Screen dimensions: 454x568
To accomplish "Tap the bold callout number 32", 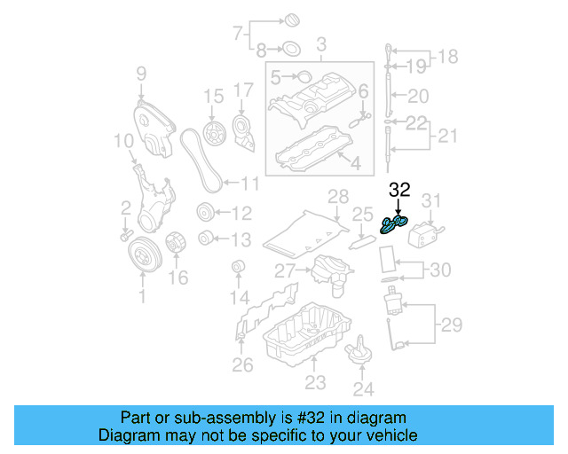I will point(399,189).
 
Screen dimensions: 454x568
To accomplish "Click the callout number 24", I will point(364,387).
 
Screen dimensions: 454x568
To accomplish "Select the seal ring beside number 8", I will point(290,48).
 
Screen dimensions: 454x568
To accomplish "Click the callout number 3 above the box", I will point(320,43).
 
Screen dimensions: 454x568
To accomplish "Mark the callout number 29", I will point(452,325).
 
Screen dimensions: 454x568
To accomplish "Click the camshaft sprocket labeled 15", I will point(212,133).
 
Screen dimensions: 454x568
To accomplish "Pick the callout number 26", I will point(242,364).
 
